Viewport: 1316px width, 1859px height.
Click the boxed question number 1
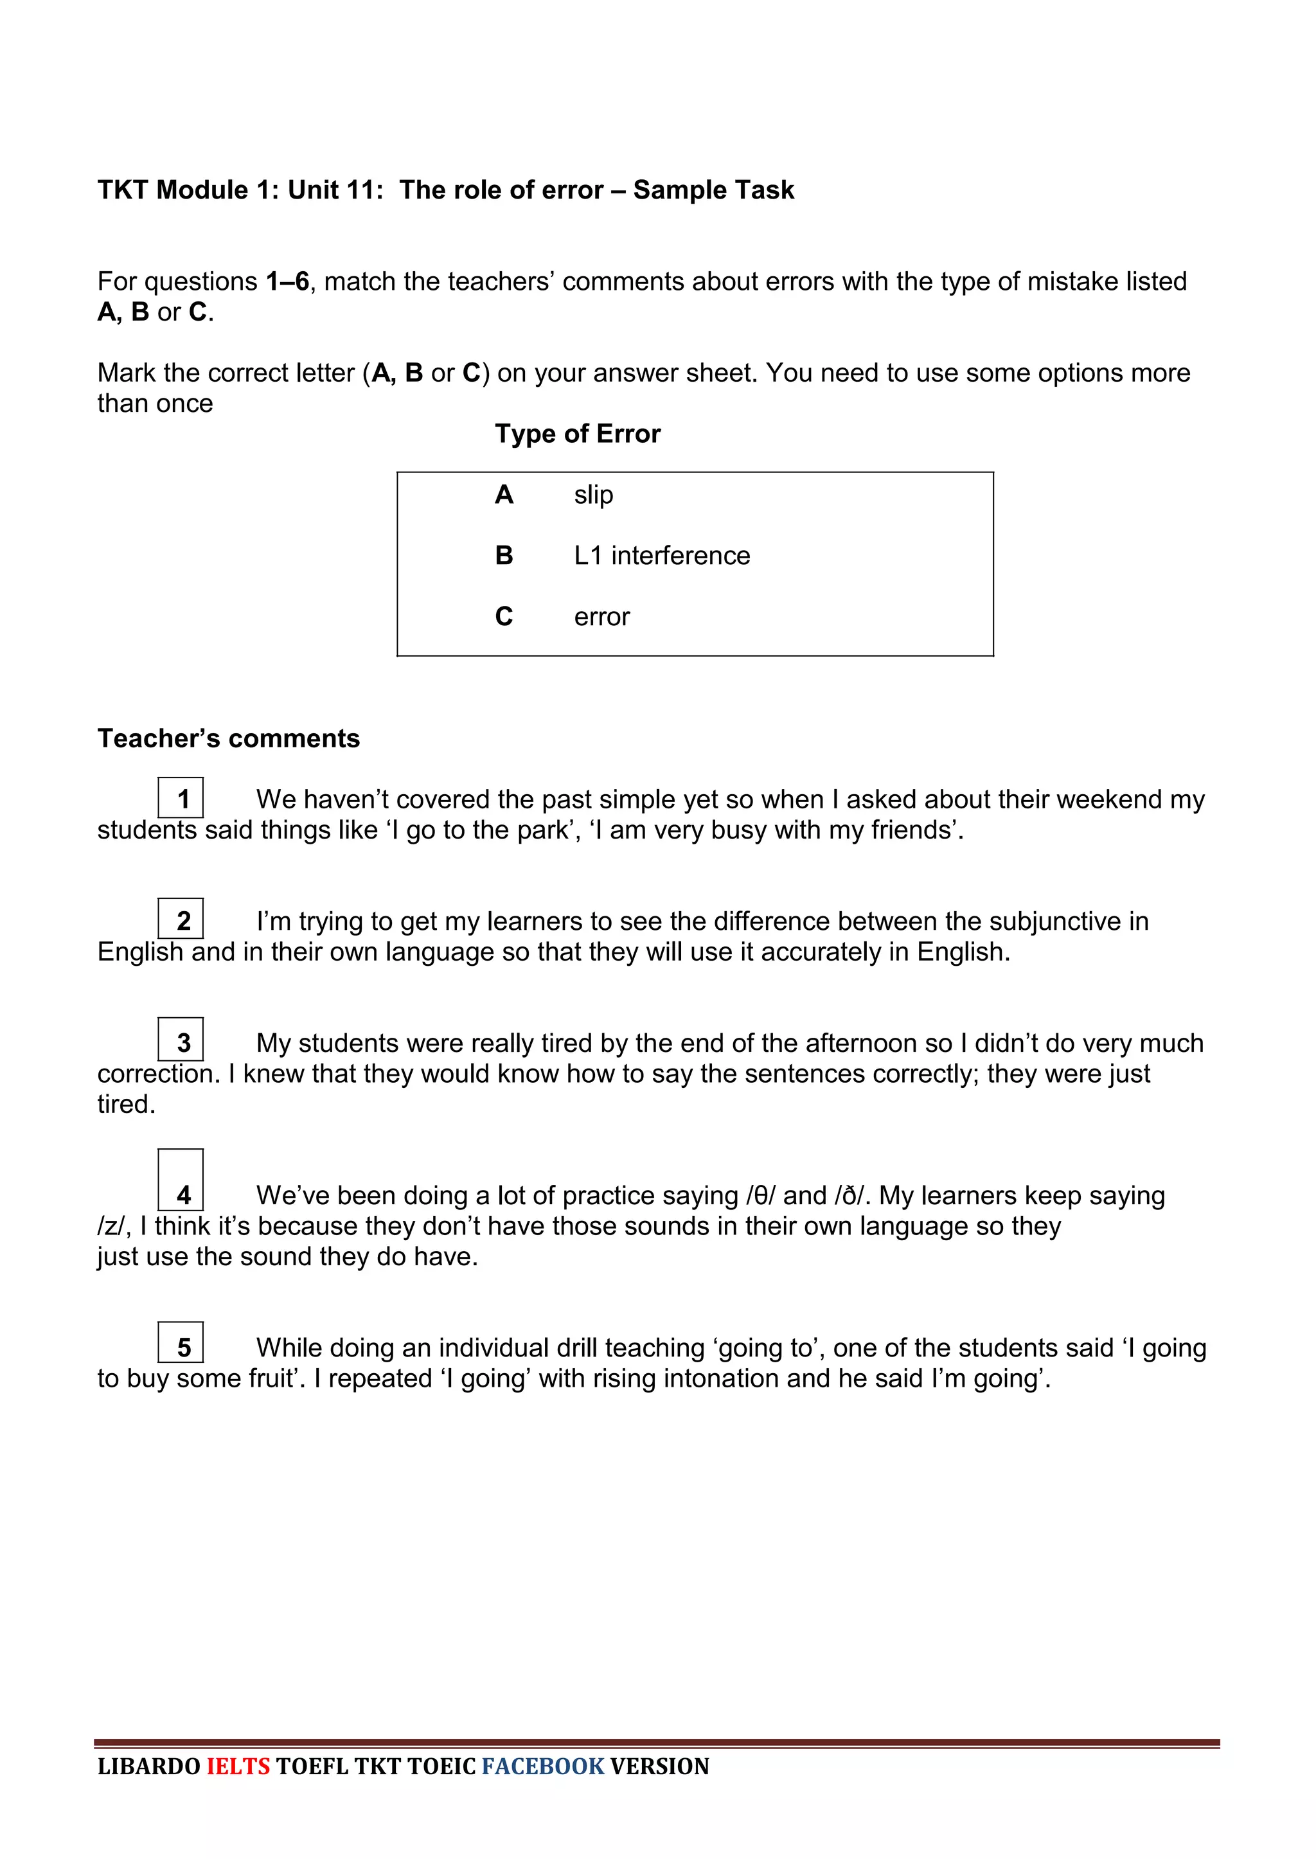(181, 798)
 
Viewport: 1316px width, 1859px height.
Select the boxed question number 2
(181, 919)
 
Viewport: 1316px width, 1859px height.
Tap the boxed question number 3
(181, 1040)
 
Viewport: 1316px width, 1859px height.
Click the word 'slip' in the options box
(593, 494)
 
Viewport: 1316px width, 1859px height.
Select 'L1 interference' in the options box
(661, 556)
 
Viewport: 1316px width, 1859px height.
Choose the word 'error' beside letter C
(601, 618)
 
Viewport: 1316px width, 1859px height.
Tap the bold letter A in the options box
(504, 494)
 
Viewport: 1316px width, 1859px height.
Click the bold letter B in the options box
(504, 556)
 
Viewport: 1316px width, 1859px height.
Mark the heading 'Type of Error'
(578, 434)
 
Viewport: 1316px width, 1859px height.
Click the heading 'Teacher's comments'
(229, 738)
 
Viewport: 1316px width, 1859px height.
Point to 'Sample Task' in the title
(713, 190)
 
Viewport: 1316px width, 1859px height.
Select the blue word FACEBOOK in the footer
(543, 1766)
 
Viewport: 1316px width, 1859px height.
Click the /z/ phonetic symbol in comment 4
(111, 1226)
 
